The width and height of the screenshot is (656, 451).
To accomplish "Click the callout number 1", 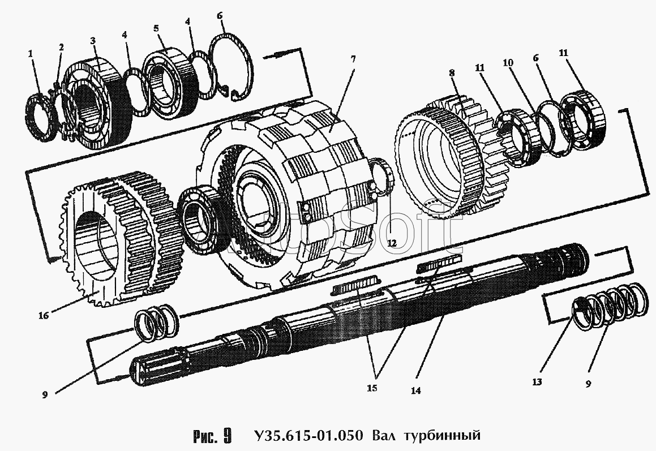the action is [30, 54].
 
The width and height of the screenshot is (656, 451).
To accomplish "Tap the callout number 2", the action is [61, 48].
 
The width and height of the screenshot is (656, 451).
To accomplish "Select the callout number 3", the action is [93, 41].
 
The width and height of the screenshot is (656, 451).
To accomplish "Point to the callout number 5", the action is [156, 28].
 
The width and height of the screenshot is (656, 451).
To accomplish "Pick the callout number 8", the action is [452, 73].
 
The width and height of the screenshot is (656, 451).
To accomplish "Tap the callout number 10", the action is [508, 63].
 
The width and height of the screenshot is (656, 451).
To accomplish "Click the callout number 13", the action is [537, 382].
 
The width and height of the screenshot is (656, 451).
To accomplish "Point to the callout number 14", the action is [415, 391].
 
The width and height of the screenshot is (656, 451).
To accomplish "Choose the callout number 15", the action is [372, 388].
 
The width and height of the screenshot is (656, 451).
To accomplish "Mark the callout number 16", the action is [44, 315].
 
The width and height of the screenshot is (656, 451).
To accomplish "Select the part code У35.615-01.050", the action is [308, 435].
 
